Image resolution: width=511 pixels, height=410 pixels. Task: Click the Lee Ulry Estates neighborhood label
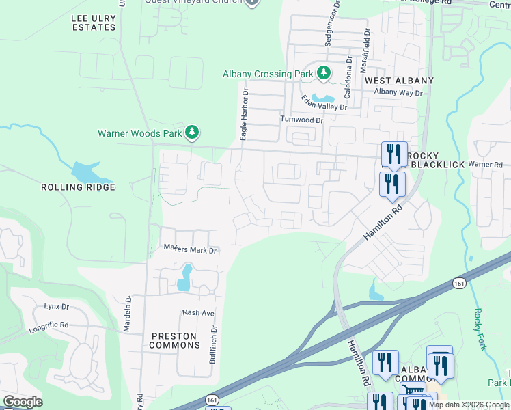click(x=94, y=22)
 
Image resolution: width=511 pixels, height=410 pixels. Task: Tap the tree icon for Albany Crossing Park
click(x=324, y=73)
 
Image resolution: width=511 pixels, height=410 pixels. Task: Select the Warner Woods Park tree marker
click(x=193, y=133)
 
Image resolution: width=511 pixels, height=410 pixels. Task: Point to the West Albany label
click(x=399, y=81)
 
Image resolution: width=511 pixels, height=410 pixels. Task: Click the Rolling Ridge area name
click(x=78, y=187)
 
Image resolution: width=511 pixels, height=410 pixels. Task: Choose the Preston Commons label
click(x=174, y=340)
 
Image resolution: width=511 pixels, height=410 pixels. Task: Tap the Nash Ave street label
click(x=198, y=313)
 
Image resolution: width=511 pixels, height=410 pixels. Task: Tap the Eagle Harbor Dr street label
click(x=243, y=113)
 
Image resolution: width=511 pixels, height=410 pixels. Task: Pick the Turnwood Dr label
click(x=300, y=119)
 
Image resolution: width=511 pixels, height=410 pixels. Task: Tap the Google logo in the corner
click(x=23, y=402)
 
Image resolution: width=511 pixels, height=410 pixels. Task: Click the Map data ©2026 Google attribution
click(x=469, y=405)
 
